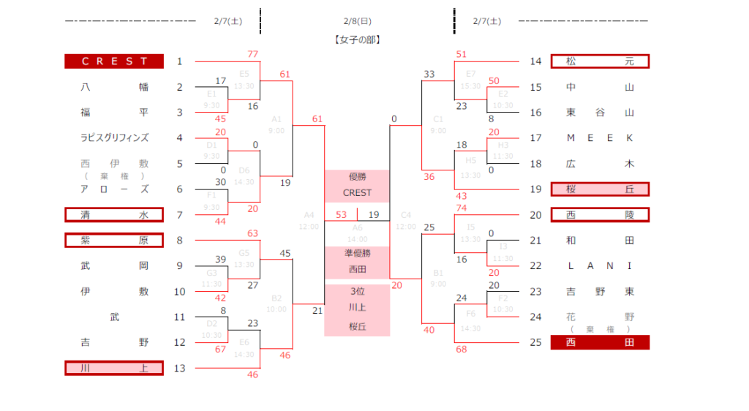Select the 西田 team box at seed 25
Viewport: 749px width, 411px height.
pyautogui.click(x=600, y=342)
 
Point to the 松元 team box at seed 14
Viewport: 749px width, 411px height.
pyautogui.click(x=600, y=61)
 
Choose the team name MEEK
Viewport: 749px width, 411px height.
pyautogui.click(x=600, y=137)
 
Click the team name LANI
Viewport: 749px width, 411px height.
pyautogui.click(x=600, y=265)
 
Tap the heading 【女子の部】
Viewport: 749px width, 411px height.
pyautogui.click(x=357, y=39)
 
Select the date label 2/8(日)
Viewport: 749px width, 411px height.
pyautogui.click(x=357, y=21)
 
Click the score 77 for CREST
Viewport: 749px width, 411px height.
pyautogui.click(x=253, y=54)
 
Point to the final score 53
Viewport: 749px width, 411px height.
pyautogui.click(x=342, y=214)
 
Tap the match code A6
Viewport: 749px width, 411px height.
pyautogui.click(x=357, y=227)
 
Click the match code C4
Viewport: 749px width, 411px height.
pyautogui.click(x=406, y=215)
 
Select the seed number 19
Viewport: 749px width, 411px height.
pyautogui.click(x=535, y=189)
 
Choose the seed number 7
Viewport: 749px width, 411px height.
pyautogui.click(x=179, y=215)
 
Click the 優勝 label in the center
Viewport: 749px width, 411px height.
pyautogui.click(x=357, y=178)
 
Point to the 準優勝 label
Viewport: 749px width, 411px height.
pyautogui.click(x=357, y=253)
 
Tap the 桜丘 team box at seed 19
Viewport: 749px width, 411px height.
pyautogui.click(x=600, y=189)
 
